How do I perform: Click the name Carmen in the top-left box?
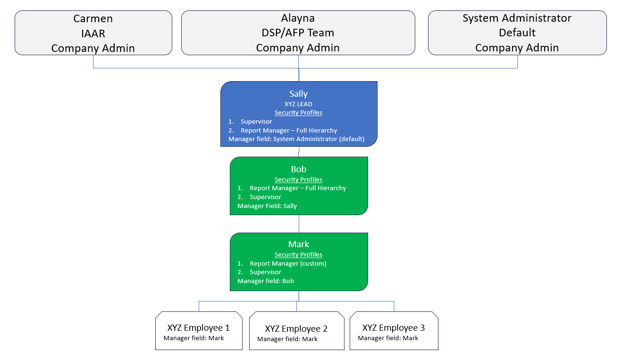click(x=93, y=18)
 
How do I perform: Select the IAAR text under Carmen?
click(x=93, y=33)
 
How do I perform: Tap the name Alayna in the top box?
click(x=298, y=18)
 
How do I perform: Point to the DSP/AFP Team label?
click(x=298, y=33)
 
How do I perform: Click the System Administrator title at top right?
click(x=517, y=18)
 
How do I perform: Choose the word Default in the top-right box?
click(x=517, y=33)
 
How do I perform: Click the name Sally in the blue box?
click(x=299, y=93)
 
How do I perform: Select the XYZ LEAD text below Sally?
click(x=299, y=104)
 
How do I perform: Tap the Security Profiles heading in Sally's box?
click(x=299, y=112)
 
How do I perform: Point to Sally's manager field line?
click(x=296, y=139)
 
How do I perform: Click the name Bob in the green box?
click(x=299, y=169)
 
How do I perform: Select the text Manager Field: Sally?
click(x=267, y=206)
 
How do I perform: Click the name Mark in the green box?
click(x=299, y=244)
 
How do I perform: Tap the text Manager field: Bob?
click(x=266, y=281)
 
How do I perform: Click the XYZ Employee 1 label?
click(x=199, y=328)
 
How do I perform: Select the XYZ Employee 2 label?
click(x=296, y=329)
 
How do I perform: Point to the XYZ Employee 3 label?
click(x=394, y=328)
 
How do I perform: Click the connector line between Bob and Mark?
click(x=299, y=224)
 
